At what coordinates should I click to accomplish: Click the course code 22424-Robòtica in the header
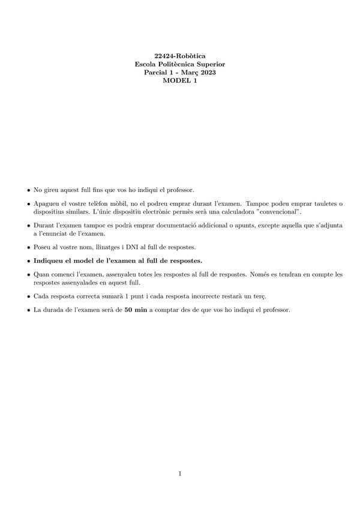[x=180, y=56]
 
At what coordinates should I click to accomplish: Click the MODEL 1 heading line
[x=180, y=81]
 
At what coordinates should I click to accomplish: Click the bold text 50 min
[x=136, y=310]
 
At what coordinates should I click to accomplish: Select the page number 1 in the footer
[x=180, y=474]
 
